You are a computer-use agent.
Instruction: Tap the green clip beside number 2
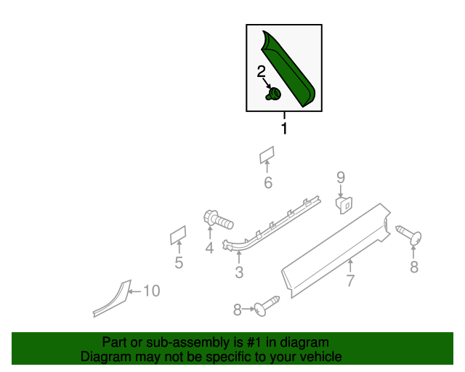coord(275,94)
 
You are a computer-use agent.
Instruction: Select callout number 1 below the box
coord(284,129)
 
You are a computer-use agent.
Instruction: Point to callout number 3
coord(239,273)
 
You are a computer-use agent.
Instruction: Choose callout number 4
coord(209,248)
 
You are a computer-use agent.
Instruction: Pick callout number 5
coord(179,264)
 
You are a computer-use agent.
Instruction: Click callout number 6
coord(268,183)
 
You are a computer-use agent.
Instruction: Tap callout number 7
coord(350,280)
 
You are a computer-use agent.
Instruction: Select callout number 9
coord(340,177)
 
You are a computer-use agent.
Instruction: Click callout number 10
coord(150,291)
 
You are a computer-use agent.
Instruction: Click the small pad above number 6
coord(267,155)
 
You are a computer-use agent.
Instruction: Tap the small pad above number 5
coord(178,234)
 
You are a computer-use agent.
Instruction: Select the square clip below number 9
coord(344,204)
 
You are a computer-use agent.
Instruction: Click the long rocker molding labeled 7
coord(334,247)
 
